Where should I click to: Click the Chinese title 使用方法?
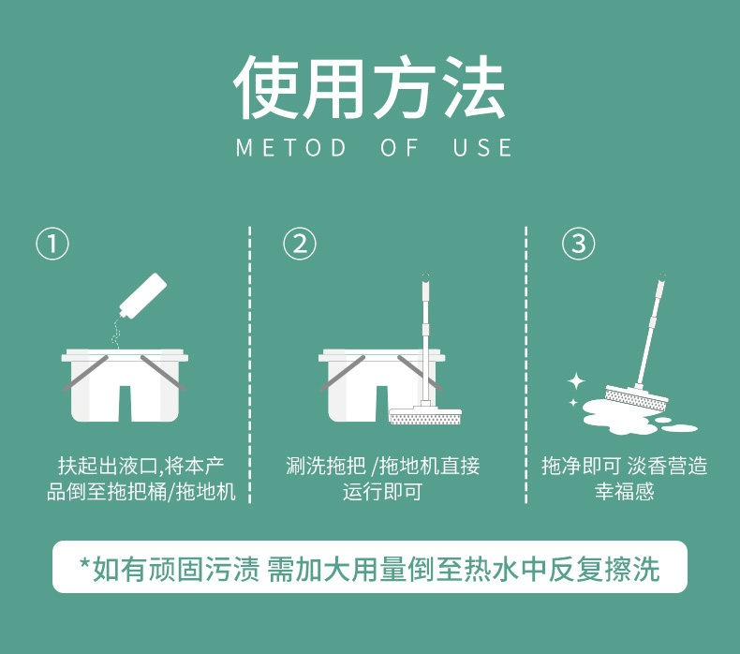(369, 87)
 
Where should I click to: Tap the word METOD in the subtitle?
(291, 147)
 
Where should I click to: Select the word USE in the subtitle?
(482, 147)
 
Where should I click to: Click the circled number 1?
(52, 244)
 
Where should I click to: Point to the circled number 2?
(300, 244)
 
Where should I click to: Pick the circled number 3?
(578, 244)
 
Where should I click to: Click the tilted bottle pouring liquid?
(143, 296)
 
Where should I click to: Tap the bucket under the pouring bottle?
(125, 385)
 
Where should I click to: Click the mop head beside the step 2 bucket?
(425, 414)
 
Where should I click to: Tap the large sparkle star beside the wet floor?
(576, 381)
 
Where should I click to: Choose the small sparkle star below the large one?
(573, 402)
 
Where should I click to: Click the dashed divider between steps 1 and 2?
(250, 364)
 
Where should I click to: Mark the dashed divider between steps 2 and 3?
(525, 364)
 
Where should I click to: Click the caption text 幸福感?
(625, 492)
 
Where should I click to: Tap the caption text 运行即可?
(382, 492)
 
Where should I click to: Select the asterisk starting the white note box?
(85, 563)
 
